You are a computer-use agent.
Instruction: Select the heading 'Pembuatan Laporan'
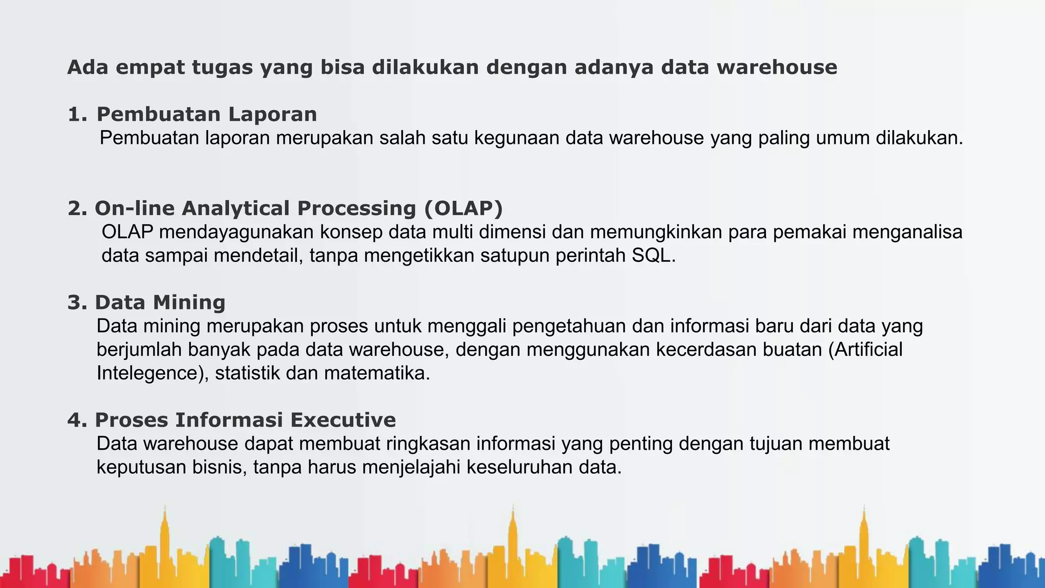[x=207, y=114]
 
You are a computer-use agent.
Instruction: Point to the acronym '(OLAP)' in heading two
[x=463, y=208]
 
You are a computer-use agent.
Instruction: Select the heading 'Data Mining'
[x=160, y=303]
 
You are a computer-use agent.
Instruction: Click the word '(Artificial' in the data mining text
[x=865, y=350]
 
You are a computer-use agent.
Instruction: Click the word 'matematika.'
[x=377, y=373]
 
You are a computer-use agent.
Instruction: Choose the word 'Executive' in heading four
[x=343, y=420]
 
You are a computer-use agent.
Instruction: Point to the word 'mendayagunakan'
[x=236, y=232]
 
